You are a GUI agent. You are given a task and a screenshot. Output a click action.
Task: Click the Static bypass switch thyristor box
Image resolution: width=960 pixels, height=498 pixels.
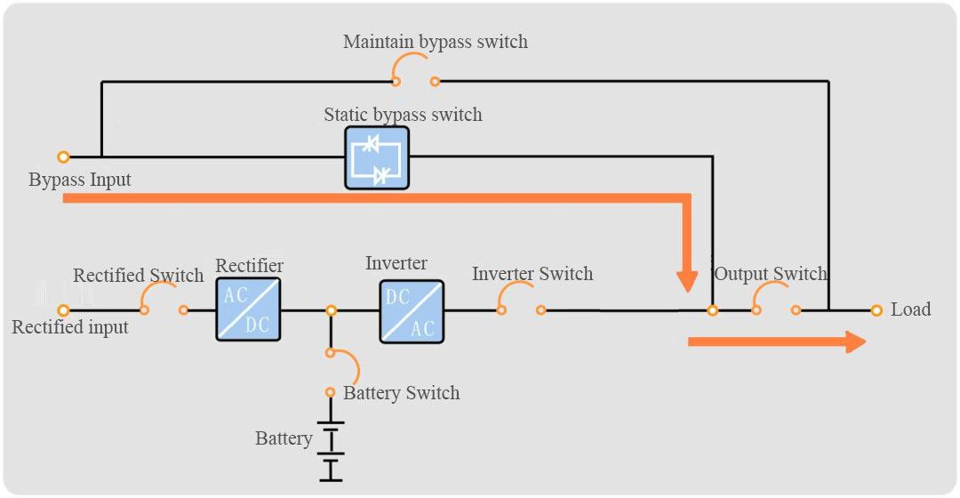point(377,158)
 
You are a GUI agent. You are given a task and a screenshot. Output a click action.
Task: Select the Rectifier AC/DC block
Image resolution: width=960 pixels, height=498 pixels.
point(248,309)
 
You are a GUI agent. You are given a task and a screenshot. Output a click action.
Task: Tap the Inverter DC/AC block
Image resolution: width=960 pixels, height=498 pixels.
point(412,311)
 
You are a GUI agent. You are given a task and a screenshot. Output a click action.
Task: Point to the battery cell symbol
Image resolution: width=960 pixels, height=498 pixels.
point(331,451)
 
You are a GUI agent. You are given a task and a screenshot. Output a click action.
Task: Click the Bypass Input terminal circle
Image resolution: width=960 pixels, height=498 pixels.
point(63,157)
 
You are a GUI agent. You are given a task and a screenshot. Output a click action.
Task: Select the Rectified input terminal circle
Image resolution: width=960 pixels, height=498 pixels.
point(63,310)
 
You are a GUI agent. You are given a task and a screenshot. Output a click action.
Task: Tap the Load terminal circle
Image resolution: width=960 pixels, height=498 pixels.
point(876,310)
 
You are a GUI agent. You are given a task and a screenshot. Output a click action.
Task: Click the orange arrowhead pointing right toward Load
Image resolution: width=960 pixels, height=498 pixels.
point(856,341)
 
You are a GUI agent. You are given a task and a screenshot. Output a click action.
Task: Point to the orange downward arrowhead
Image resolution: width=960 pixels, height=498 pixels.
point(687,281)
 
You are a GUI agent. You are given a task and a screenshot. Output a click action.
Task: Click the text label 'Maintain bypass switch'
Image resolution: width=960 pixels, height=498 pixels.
point(436,42)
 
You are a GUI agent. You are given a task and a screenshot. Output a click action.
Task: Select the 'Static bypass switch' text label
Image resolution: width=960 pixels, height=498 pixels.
point(403,115)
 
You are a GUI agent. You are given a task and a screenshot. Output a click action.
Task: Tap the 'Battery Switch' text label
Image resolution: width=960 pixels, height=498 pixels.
point(401,393)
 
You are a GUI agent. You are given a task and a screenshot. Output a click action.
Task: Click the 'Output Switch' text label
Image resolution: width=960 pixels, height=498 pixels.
point(770,274)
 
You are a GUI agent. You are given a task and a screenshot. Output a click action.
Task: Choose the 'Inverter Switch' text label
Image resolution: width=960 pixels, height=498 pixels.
point(532,273)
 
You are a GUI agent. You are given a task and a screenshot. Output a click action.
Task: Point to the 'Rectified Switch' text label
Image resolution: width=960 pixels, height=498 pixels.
point(139,275)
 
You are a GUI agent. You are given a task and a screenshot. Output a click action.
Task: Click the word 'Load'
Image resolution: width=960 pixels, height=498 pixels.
point(910,309)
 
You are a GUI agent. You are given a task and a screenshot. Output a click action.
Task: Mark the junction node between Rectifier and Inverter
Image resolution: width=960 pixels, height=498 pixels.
point(331,310)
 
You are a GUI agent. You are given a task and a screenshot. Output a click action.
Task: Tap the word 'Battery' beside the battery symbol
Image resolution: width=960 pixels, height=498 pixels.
point(284,438)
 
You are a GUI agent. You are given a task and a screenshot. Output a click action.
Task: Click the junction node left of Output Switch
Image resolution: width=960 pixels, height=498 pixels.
point(712,310)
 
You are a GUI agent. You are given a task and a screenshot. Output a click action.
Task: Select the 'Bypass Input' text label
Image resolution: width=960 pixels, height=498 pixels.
point(80,180)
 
